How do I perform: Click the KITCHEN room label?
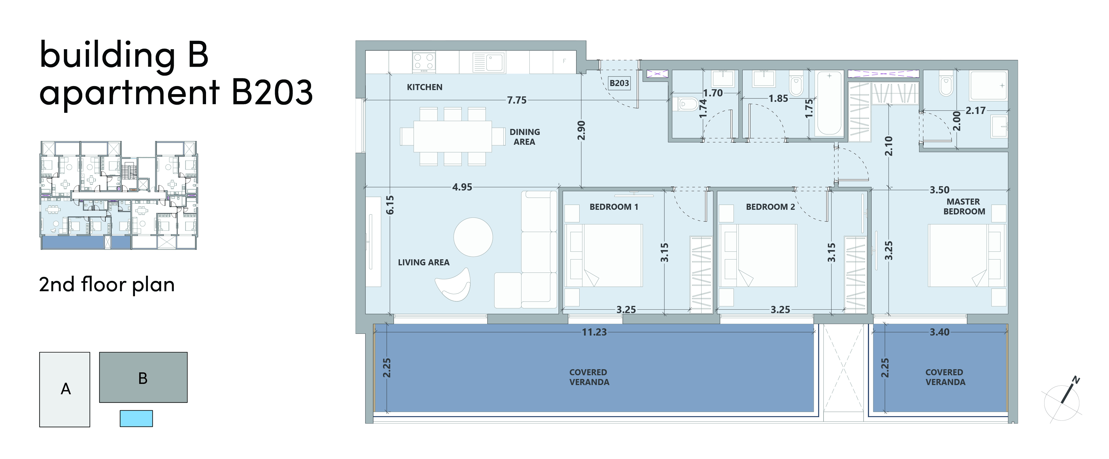pyautogui.click(x=424, y=87)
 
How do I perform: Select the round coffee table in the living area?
pyautogui.click(x=473, y=237)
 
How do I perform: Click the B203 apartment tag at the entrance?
pyautogui.click(x=619, y=83)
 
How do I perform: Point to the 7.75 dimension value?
pyautogui.click(x=517, y=100)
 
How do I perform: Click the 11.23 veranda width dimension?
pyautogui.click(x=594, y=332)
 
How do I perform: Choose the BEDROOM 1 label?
pyautogui.click(x=614, y=207)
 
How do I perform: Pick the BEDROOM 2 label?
pyautogui.click(x=770, y=207)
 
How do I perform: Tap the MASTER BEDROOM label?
pyautogui.click(x=964, y=206)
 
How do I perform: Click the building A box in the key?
pyautogui.click(x=64, y=389)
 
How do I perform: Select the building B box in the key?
pyautogui.click(x=143, y=377)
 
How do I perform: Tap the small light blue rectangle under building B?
pyautogui.click(x=136, y=418)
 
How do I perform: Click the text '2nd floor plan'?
pyautogui.click(x=107, y=285)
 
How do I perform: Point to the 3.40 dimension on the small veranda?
pyautogui.click(x=940, y=332)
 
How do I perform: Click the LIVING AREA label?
pyautogui.click(x=424, y=262)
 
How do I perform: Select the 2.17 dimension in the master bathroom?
pyautogui.click(x=975, y=111)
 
